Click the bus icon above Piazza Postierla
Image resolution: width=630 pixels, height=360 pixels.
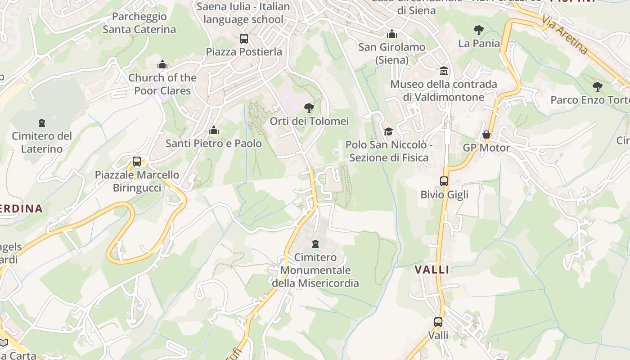tap(243, 39)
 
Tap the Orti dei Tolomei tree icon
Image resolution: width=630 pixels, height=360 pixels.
tap(309, 108)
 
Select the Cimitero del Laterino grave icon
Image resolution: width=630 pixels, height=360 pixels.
tap(42, 123)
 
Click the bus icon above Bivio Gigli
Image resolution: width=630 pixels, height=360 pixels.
tap(444, 181)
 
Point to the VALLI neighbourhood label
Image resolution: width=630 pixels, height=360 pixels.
tap(432, 270)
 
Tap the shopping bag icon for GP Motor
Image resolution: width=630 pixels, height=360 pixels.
tap(486, 135)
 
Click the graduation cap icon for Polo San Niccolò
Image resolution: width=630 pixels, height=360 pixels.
tap(388, 131)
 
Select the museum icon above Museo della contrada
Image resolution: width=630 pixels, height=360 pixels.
tap(444, 71)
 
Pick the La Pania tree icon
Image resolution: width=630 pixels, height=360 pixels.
tap(479, 30)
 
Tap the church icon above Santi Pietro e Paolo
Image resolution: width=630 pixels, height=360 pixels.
tap(214, 130)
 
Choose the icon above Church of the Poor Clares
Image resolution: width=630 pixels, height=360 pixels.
tap(162, 65)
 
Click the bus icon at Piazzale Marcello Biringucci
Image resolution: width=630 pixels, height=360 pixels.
tap(137, 162)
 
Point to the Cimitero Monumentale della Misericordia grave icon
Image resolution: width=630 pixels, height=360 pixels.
tap(315, 244)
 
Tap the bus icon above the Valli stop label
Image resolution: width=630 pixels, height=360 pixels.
tap(438, 322)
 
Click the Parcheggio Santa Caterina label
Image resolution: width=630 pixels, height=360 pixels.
tap(139, 23)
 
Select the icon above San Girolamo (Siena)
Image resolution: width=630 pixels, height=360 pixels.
tap(392, 34)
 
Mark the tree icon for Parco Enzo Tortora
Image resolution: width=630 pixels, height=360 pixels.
tap(598, 87)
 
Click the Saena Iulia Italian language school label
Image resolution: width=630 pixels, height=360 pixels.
tap(243, 13)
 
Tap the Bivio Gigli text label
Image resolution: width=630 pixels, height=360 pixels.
tap(444, 194)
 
